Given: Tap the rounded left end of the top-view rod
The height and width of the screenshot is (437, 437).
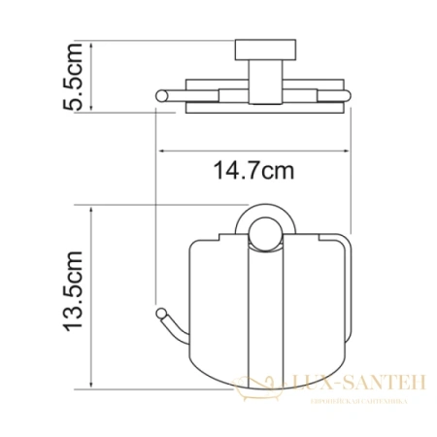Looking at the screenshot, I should coord(161,95).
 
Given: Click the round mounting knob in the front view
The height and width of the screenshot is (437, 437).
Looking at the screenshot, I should coord(261,231).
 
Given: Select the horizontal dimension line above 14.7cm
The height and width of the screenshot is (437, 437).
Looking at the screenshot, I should coord(252,151).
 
